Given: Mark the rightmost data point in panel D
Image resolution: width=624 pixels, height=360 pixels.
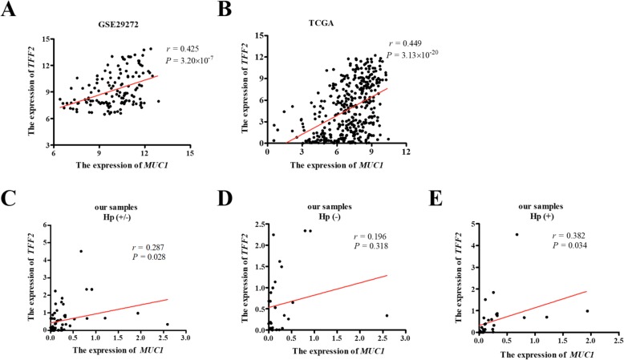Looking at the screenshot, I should click(x=387, y=316).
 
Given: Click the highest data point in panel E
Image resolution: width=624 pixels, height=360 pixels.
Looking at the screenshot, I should click(x=517, y=235).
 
